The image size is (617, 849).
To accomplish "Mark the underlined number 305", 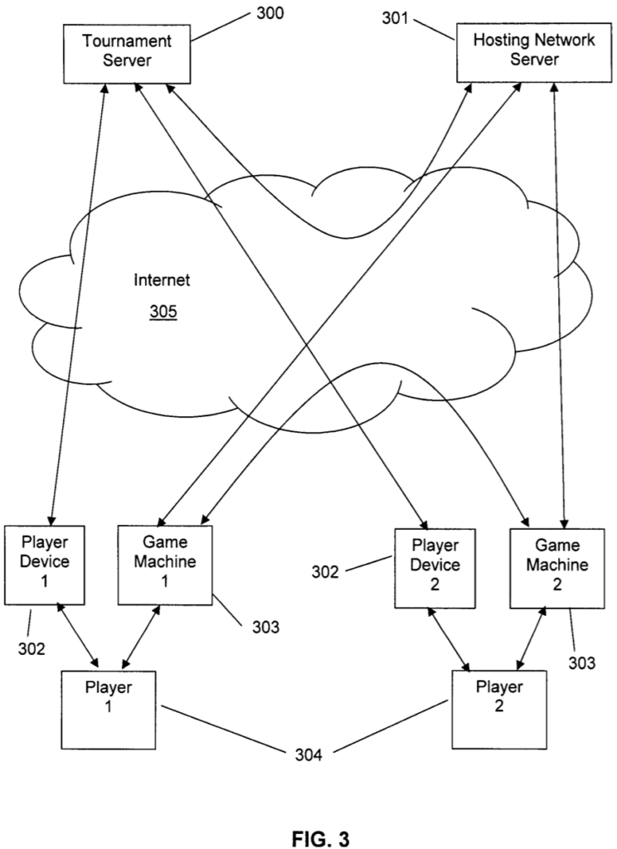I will (x=163, y=313).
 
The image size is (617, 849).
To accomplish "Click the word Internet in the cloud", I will (x=163, y=280).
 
